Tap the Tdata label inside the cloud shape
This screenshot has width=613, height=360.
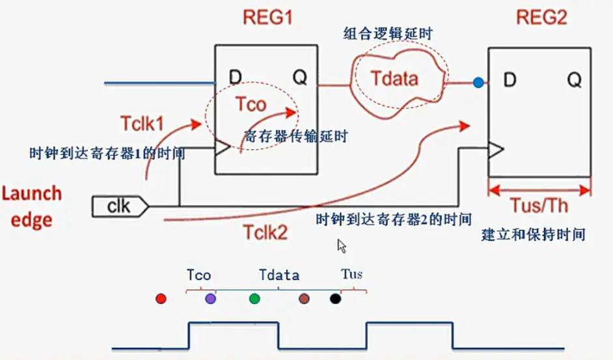[x=394, y=79]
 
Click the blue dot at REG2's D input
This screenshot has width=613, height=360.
[x=478, y=83]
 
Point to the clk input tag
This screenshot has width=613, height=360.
[x=120, y=207]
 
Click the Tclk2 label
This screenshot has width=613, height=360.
[x=266, y=232]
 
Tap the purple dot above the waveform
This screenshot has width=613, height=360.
[x=210, y=298]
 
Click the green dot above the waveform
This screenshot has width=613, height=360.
[x=254, y=298]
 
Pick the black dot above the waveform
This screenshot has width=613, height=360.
[x=335, y=299]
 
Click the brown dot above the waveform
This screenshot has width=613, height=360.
[x=304, y=299]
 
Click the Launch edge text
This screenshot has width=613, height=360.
[x=32, y=206]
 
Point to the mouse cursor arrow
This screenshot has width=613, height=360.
[x=342, y=245]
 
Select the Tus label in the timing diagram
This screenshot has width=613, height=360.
[x=352, y=274]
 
